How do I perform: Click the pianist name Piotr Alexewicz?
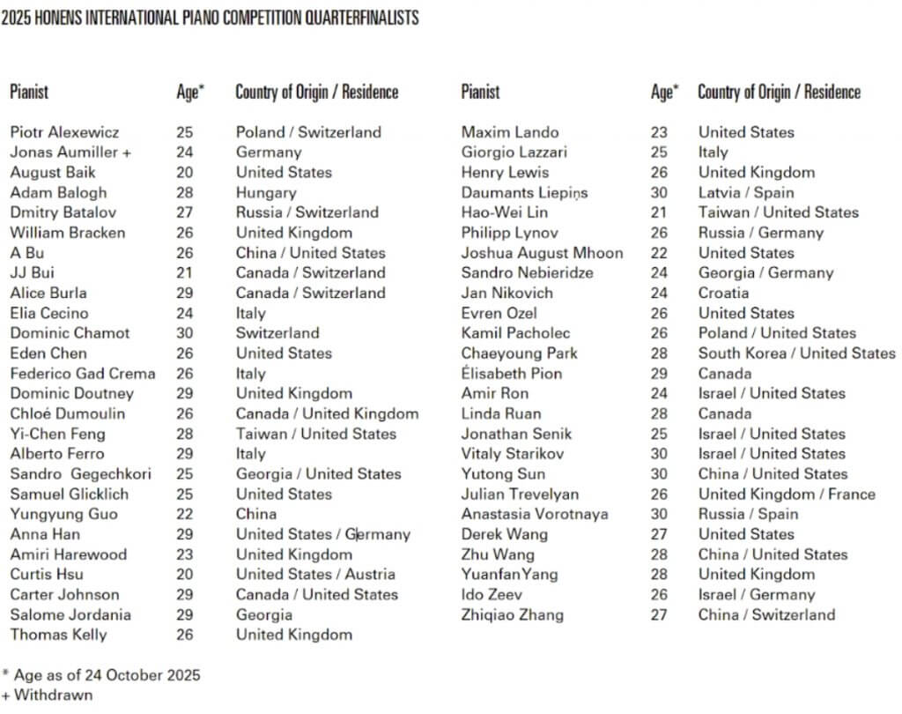[x=64, y=132]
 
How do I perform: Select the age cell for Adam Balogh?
[x=185, y=193]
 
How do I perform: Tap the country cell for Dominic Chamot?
[x=277, y=333]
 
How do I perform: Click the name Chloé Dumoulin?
[x=68, y=413]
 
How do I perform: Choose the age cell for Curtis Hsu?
[x=185, y=575]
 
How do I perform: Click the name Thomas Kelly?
[x=58, y=635]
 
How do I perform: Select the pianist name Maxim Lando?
[x=510, y=132]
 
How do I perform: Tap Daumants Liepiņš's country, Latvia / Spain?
[x=746, y=193]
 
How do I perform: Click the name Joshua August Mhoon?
[x=542, y=253]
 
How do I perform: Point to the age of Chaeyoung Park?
[x=660, y=353]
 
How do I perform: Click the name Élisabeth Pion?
[x=512, y=374]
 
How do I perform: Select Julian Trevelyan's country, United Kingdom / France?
[x=787, y=495]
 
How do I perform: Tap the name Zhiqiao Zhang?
[x=513, y=615]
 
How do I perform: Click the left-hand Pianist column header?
[x=29, y=92]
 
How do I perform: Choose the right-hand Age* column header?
[x=664, y=92]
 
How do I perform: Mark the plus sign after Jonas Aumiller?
[x=127, y=152]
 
